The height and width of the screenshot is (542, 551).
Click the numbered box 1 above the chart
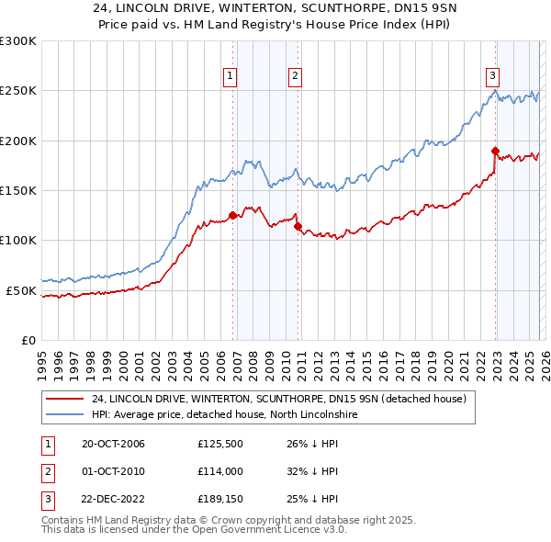pyautogui.click(x=229, y=76)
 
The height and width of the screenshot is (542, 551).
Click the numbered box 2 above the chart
pyautogui.click(x=295, y=76)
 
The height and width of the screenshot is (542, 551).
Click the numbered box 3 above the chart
pyautogui.click(x=492, y=76)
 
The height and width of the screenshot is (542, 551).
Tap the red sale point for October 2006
pyautogui.click(x=232, y=215)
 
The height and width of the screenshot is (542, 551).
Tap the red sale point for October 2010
pyautogui.click(x=298, y=227)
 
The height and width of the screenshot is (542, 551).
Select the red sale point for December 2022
pyautogui.click(x=495, y=151)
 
